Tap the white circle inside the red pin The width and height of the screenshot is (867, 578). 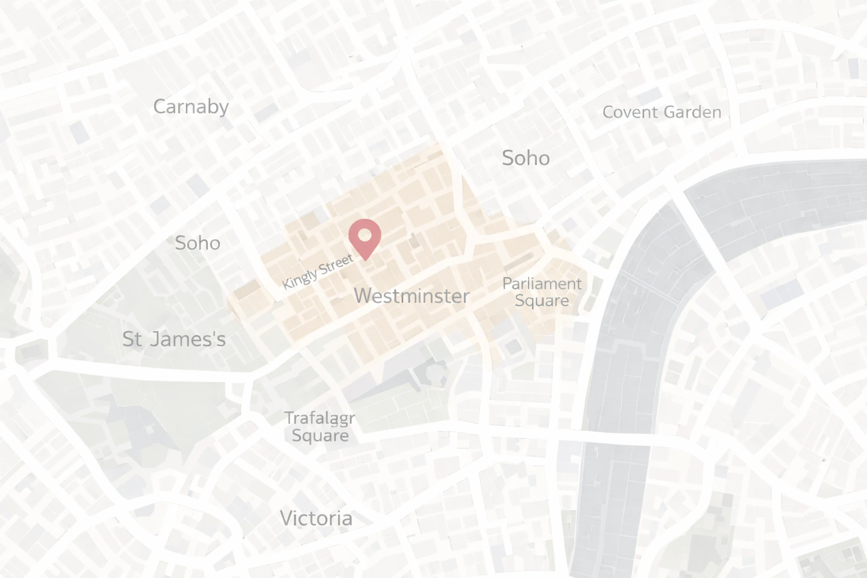click(365, 234)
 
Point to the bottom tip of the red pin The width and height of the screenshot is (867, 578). click(365, 260)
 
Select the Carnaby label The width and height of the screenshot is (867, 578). click(191, 107)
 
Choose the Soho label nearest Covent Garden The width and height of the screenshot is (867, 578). click(526, 158)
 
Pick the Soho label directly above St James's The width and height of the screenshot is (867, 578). click(197, 243)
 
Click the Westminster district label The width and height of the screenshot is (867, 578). click(411, 296)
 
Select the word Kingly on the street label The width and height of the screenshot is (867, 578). click(299, 277)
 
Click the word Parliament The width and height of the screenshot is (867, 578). click(541, 283)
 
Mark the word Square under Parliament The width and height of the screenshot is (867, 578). click(541, 300)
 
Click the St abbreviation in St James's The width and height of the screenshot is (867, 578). click(132, 339)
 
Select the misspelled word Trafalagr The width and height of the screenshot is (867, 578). click(319, 418)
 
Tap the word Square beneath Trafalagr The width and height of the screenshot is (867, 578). click(319, 435)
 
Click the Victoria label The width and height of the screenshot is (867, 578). click(316, 518)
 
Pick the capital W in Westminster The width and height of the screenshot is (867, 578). click(364, 296)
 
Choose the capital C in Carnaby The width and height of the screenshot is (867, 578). click(160, 107)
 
